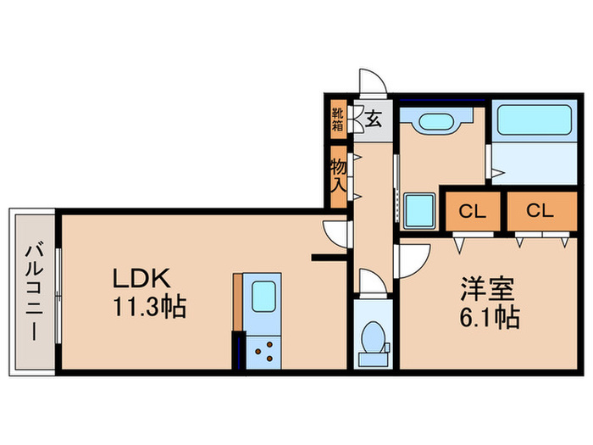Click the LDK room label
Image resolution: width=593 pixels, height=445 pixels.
click(142, 278)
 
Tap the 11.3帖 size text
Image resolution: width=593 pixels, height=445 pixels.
click(150, 306)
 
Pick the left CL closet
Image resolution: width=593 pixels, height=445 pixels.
click(474, 212)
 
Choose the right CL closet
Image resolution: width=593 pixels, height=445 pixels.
click(538, 212)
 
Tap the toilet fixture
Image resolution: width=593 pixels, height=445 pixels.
click(372, 341)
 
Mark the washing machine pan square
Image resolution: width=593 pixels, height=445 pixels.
click(419, 209)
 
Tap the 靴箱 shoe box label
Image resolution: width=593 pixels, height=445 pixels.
click(337, 120)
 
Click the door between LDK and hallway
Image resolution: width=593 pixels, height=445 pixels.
click(337, 232)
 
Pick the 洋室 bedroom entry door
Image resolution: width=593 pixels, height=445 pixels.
click(413, 258)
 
